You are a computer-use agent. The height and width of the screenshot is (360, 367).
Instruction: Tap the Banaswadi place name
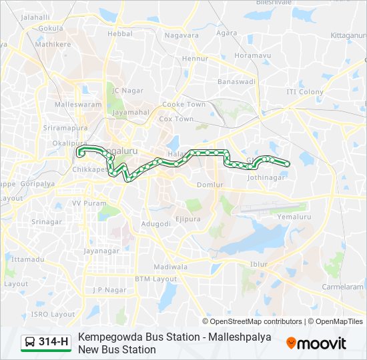pos(236,82)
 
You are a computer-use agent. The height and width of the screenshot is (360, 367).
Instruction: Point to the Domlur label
pos(209,185)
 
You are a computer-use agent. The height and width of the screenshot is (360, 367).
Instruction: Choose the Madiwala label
pos(170,267)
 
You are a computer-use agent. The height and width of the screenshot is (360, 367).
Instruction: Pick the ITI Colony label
pos(305,91)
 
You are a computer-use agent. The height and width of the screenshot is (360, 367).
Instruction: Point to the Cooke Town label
pos(184,105)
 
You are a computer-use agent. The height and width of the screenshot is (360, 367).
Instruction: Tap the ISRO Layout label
pos(54,314)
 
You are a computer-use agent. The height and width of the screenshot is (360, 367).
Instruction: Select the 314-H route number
pos(53,343)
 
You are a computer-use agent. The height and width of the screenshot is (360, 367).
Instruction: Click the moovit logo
pos(316,343)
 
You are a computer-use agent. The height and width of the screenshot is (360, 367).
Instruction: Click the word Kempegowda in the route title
pos(109,337)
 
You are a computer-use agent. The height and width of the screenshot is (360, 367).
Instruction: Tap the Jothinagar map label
pos(266,178)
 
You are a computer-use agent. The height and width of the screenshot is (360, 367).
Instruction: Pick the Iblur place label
pos(258,264)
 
